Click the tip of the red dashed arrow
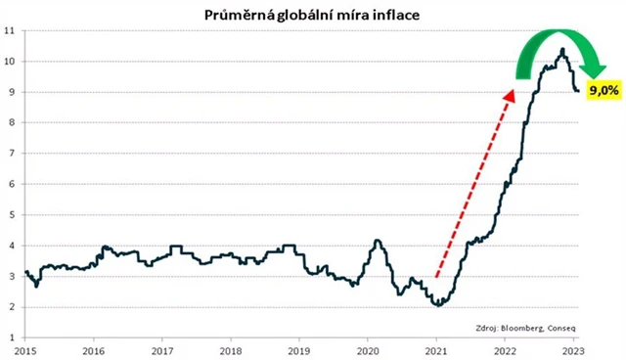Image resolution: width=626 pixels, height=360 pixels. click(x=513, y=90)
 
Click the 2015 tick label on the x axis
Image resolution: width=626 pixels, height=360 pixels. click(x=25, y=349)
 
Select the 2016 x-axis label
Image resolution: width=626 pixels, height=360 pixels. click(x=94, y=349)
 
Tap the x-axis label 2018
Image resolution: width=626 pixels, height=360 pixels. click(x=231, y=349)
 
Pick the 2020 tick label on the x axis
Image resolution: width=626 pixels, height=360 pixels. click(x=367, y=349)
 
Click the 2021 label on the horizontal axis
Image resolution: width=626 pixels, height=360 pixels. click(x=435, y=349)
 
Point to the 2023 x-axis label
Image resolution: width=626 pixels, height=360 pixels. click(x=572, y=349)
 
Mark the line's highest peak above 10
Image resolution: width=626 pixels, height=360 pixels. click(x=561, y=49)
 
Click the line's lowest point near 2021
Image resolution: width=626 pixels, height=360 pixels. click(x=439, y=305)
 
